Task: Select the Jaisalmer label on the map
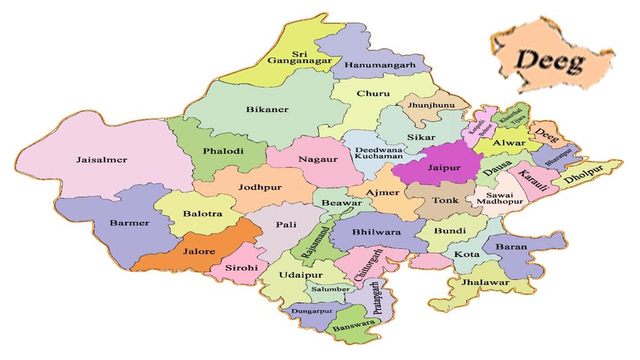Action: coord(101,160)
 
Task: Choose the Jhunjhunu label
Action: coord(428,105)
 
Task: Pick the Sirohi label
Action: coord(238,268)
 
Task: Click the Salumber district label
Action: coord(327,289)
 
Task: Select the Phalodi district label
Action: coord(222,151)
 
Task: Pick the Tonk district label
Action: coord(446,201)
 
